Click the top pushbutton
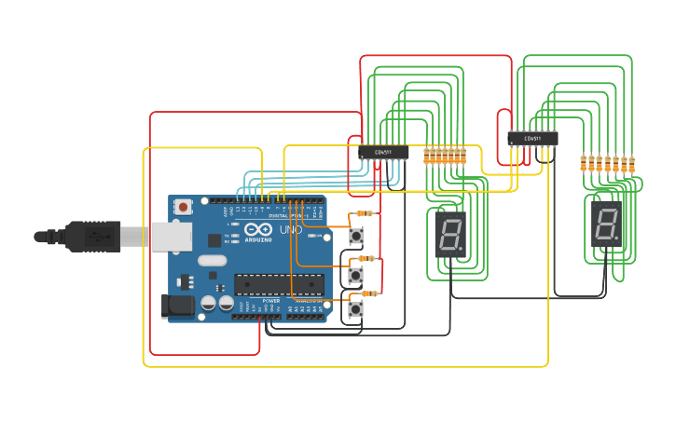[x=356, y=236]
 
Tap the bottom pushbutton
[x=355, y=309]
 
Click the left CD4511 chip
[x=383, y=151]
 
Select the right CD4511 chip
[x=532, y=139]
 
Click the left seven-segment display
[x=449, y=234]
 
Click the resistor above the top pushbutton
[x=364, y=213]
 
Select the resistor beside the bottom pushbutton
[x=369, y=293]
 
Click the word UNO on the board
[x=290, y=230]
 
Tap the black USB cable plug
[x=91, y=237]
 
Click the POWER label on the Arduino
[x=271, y=301]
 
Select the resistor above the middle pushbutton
[x=367, y=258]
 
